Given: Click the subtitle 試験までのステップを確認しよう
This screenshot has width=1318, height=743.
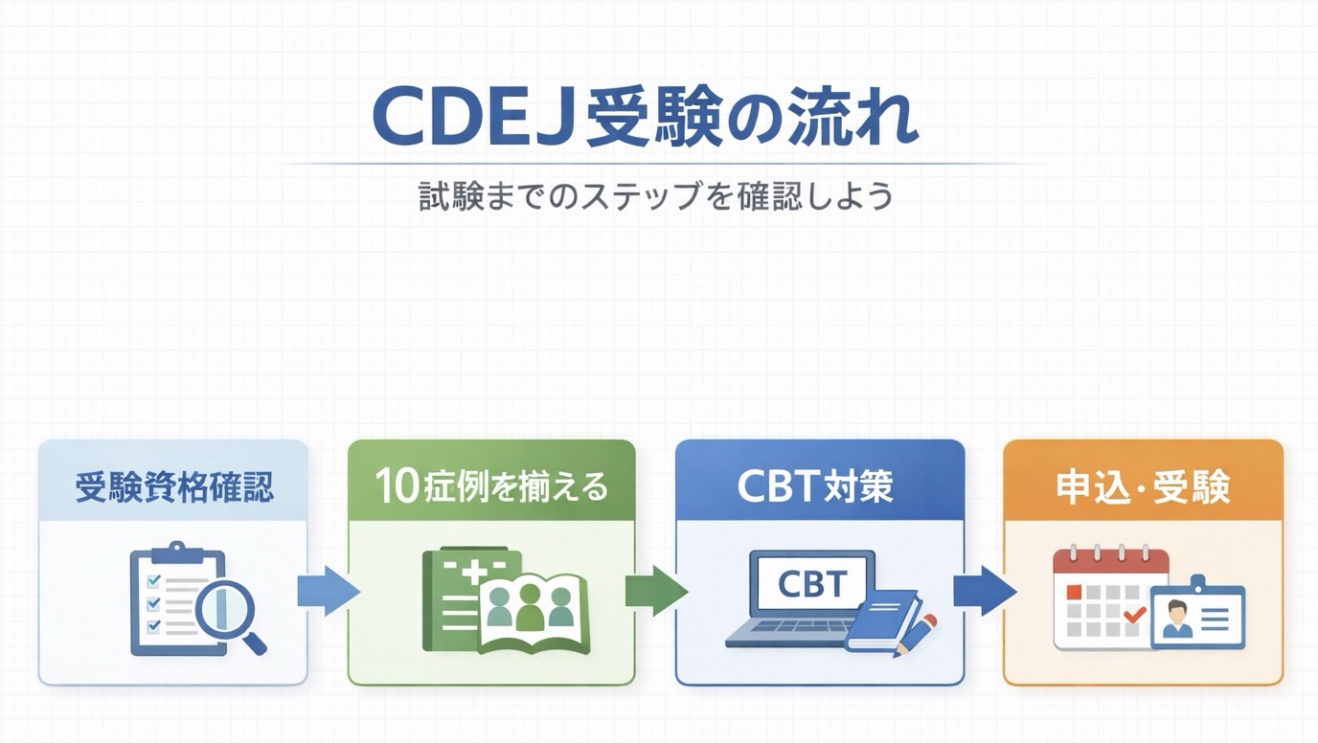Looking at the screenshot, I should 656,196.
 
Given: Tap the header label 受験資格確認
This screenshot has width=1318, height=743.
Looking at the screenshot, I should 173,487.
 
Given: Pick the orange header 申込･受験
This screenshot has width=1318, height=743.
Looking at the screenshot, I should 1143,487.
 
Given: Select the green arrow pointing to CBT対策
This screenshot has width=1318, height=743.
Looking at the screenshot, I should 655,592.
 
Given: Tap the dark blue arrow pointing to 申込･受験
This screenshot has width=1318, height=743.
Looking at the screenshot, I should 984,592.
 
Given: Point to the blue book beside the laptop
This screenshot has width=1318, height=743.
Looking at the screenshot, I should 883,620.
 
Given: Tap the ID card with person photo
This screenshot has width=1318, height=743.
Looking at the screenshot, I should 1196,616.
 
